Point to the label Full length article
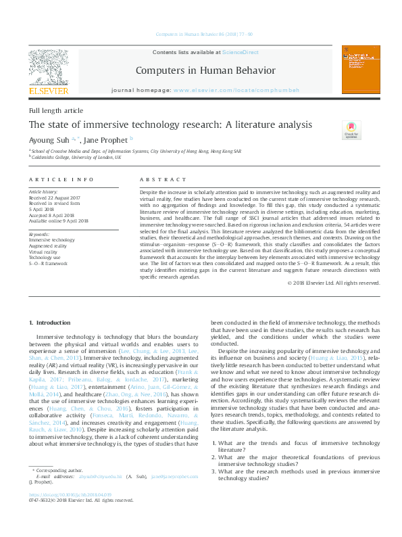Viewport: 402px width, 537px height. tap(56, 110)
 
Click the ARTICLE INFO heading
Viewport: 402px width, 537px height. tap(61, 179)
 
